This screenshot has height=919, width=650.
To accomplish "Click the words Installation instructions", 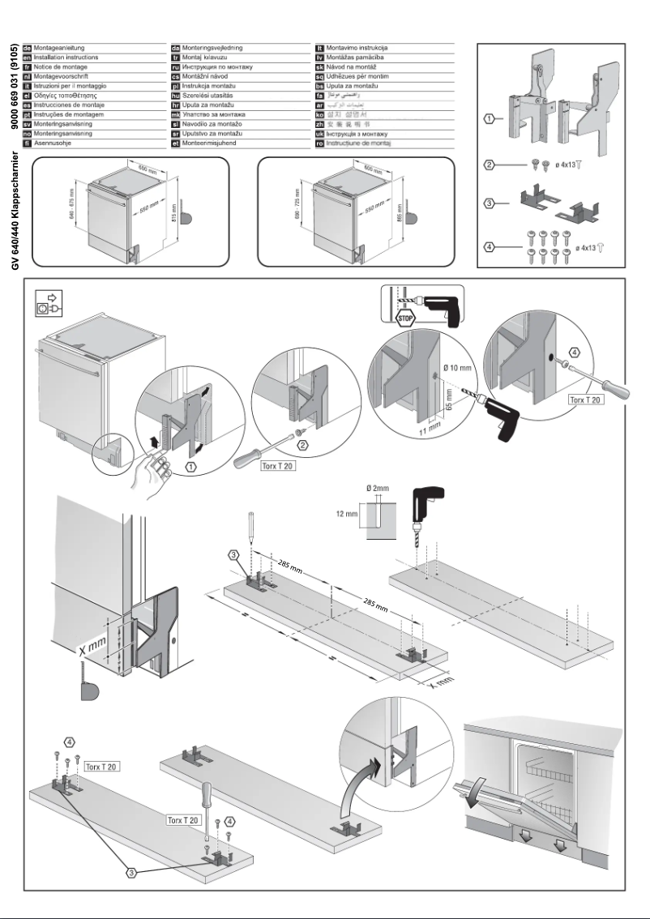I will tap(66, 58).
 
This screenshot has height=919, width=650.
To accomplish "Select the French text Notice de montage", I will tap(60, 67).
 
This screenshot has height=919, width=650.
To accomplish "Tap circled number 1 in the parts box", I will tap(490, 119).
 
